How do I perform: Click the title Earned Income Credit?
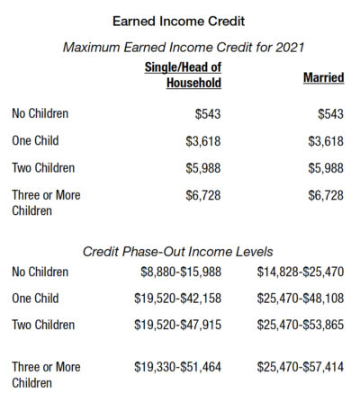tap(180, 18)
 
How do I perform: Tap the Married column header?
tap(323, 79)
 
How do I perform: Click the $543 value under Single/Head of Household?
tap(207, 114)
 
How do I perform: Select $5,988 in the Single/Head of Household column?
tap(202, 168)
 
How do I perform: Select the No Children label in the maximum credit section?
tap(40, 114)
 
